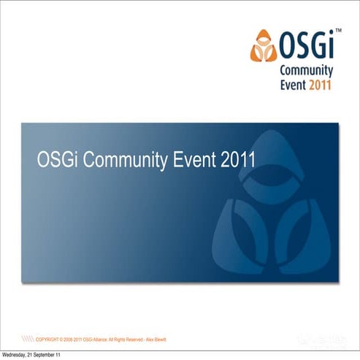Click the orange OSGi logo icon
264,45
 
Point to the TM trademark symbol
338,31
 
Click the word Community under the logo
307,71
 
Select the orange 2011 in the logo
320,85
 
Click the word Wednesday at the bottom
15,354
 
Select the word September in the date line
47,354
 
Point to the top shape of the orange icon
264,37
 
